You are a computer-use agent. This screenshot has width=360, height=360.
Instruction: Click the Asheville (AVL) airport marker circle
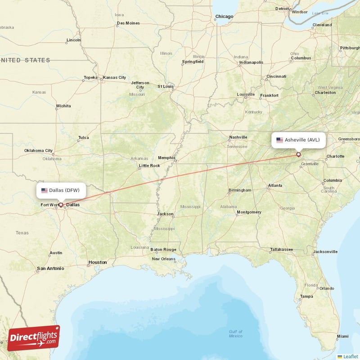(298, 154)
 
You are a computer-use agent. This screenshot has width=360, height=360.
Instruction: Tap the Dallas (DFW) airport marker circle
(61, 204)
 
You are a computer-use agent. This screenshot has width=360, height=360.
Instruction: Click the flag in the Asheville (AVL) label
(279, 140)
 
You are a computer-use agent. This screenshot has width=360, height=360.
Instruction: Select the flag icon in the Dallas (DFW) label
(44, 190)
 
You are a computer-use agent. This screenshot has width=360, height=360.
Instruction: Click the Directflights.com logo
(34, 338)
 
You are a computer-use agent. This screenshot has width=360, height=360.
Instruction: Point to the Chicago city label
(224, 17)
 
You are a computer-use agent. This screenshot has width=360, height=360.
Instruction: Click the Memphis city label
(166, 157)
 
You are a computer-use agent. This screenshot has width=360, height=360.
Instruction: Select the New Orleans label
(164, 259)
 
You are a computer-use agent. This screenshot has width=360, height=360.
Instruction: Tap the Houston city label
(98, 262)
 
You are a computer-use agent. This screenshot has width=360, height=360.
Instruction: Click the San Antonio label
(50, 268)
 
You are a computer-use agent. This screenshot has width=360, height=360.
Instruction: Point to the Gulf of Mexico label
(235, 334)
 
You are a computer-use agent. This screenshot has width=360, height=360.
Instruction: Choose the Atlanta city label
(275, 185)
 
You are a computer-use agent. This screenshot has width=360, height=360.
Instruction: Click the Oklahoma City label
(38, 150)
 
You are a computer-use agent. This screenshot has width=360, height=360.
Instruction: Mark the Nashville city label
(238, 137)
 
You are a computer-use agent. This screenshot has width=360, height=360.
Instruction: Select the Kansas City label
(114, 77)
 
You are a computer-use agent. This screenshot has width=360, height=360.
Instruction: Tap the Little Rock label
(149, 166)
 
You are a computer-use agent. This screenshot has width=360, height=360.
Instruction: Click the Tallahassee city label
(282, 249)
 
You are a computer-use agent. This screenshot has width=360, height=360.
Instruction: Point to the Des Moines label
(128, 23)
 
